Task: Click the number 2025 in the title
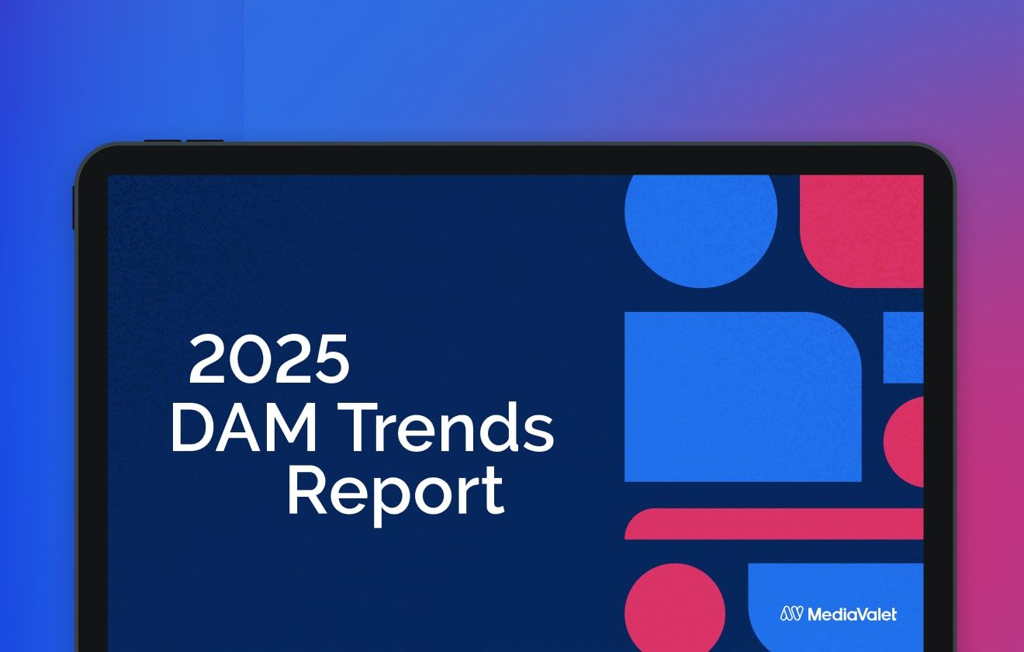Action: (x=269, y=359)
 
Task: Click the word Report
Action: (x=396, y=492)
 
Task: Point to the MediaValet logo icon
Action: (x=791, y=614)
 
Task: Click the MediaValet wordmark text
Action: (x=852, y=614)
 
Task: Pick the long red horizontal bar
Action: (x=774, y=524)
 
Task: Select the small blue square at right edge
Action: (x=904, y=348)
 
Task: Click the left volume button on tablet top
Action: (x=162, y=141)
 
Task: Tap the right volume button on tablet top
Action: (x=205, y=141)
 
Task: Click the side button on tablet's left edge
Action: (x=74, y=207)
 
